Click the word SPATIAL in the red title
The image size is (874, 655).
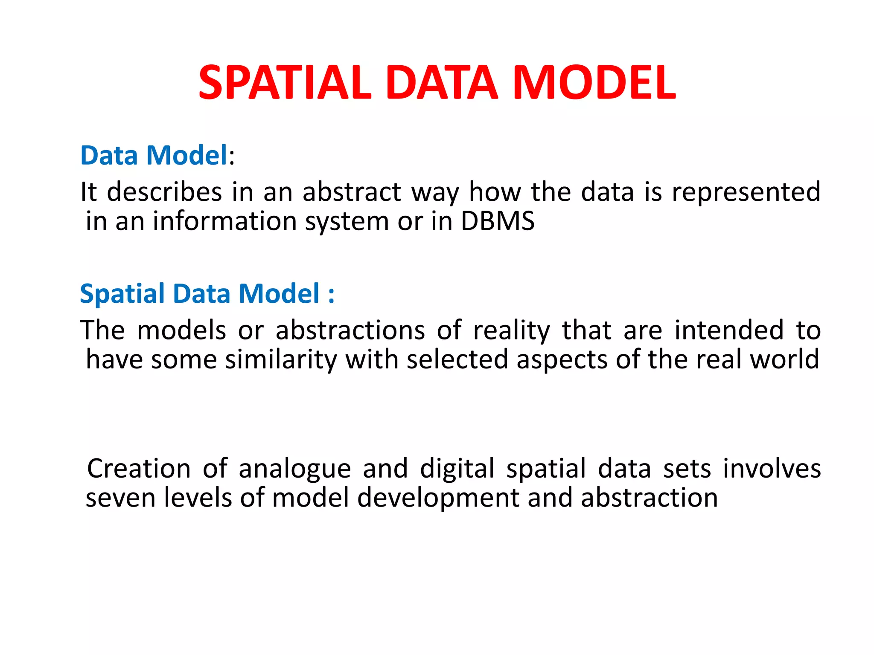(x=285, y=83)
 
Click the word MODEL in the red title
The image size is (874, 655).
(x=594, y=83)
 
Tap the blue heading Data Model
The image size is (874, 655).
(x=154, y=155)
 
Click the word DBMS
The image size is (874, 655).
(x=498, y=221)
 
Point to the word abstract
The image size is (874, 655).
(x=352, y=192)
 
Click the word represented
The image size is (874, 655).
(x=746, y=192)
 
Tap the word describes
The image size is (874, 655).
(x=164, y=192)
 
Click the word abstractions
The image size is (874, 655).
(x=350, y=330)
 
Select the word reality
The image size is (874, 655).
(x=512, y=330)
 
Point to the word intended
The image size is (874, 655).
(x=729, y=330)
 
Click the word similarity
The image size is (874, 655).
(x=281, y=359)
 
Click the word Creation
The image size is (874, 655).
(x=139, y=469)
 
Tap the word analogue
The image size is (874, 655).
(x=294, y=469)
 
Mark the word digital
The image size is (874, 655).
(x=457, y=469)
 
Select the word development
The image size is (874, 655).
(x=438, y=498)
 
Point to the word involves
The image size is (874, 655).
(x=772, y=469)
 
